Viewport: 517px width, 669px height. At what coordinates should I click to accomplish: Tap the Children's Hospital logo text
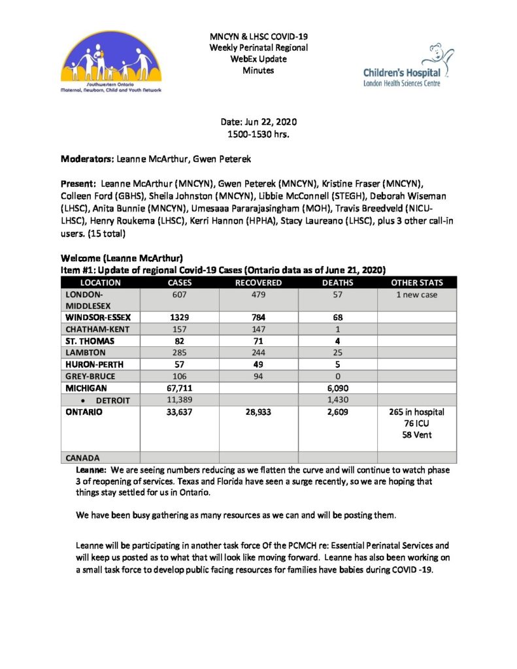(402, 74)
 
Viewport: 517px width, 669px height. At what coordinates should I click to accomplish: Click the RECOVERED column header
(258, 283)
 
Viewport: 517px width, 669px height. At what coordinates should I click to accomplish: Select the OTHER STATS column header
(416, 283)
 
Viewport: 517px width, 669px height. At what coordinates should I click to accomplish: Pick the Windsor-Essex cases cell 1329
(180, 317)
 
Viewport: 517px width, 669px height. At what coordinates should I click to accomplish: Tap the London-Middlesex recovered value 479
(258, 295)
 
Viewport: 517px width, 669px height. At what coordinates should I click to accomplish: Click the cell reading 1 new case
(416, 295)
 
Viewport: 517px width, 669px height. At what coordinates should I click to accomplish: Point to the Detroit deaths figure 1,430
(337, 400)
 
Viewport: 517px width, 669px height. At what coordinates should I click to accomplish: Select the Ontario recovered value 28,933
(258, 412)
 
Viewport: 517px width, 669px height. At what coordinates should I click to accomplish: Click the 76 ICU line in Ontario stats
(416, 423)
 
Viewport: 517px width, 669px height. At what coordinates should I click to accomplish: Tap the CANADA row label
(83, 457)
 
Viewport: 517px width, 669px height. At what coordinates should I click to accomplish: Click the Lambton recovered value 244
(258, 352)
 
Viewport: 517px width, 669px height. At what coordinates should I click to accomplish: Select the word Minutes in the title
(258, 69)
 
